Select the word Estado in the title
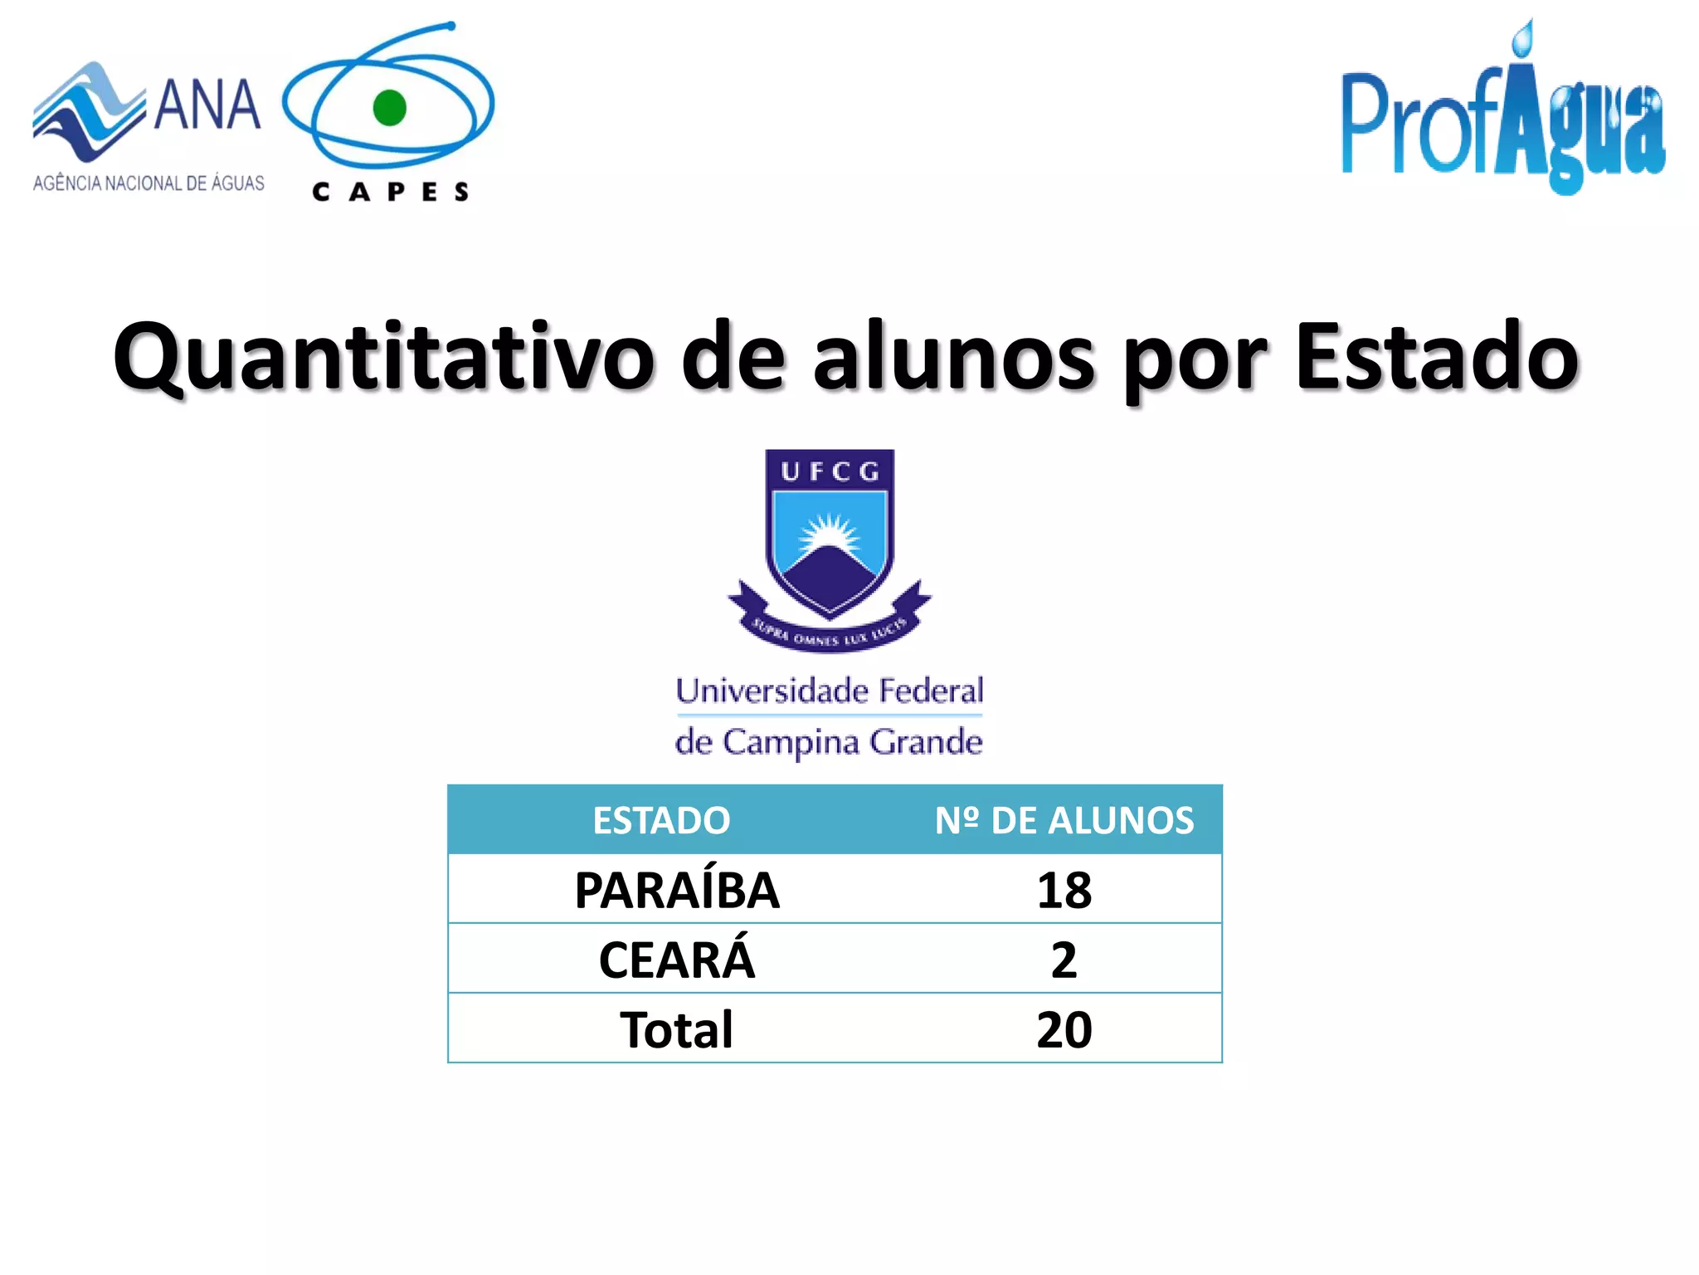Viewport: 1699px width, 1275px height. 1436,357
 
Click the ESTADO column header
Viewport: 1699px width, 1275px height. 661,821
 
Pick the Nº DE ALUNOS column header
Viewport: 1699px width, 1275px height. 1064,821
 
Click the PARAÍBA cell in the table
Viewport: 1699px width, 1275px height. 677,891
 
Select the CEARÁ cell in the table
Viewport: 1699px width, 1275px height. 677,960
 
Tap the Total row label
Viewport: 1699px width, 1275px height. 677,1030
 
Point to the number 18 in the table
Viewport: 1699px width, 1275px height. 1064,891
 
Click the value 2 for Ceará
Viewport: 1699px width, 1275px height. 1064,960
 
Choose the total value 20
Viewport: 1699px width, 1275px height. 1064,1030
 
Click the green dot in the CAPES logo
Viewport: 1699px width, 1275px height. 389,108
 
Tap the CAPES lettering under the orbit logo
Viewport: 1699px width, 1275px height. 391,193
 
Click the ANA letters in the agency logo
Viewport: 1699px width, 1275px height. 207,106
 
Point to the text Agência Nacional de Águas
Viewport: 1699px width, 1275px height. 148,183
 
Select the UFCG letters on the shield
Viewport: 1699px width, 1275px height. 830,471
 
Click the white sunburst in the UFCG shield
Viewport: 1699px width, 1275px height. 829,532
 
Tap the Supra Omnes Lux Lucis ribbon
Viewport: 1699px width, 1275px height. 830,635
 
